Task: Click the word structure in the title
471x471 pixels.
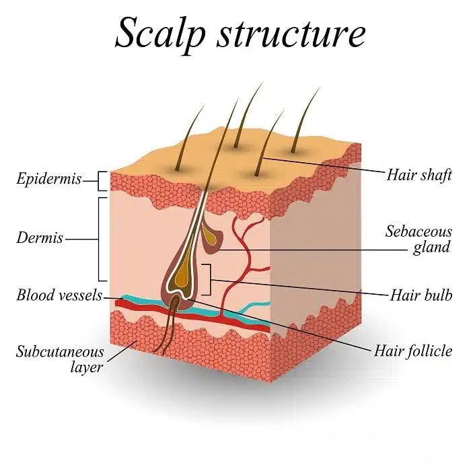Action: pos(291,34)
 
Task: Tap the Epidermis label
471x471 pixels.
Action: pos(49,179)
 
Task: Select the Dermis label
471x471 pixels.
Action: pos(42,238)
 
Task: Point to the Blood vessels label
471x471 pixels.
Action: pos(59,295)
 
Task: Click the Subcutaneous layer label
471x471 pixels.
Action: pos(61,359)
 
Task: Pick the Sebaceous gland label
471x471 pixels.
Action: pos(418,240)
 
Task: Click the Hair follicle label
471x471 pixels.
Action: pos(412,351)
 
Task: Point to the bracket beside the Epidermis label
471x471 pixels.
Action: pos(103,180)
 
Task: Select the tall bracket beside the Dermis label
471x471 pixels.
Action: pos(102,238)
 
